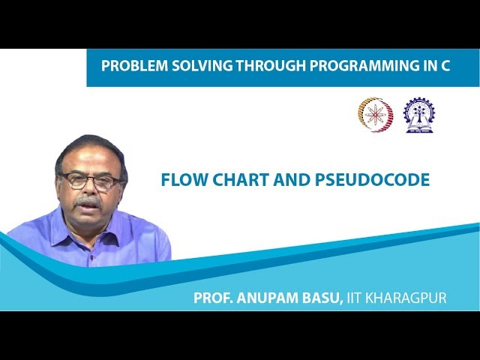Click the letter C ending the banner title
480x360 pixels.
pyautogui.click(x=445, y=66)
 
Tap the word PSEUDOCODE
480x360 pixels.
pyautogui.click(x=367, y=181)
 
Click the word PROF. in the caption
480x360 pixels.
pyautogui.click(x=212, y=298)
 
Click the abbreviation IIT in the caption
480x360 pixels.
pyautogui.click(x=357, y=298)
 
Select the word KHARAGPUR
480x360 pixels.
pyautogui.click(x=409, y=298)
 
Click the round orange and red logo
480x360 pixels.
pyautogui.click(x=375, y=115)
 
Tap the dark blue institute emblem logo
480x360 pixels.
pyautogui.click(x=418, y=115)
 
